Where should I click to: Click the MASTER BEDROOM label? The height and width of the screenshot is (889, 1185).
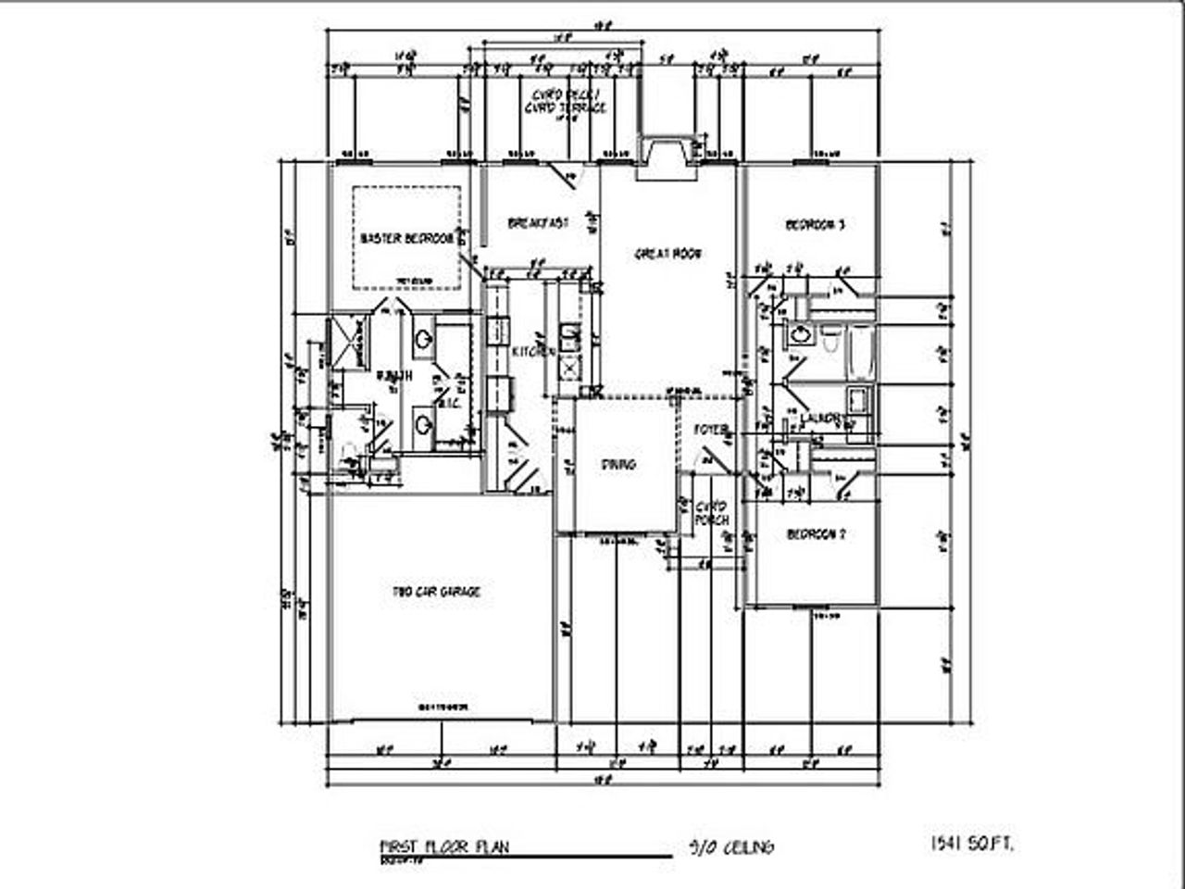pyautogui.click(x=406, y=239)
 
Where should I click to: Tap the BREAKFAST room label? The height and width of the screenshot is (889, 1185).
pyautogui.click(x=538, y=223)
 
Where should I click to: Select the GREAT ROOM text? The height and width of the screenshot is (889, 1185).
pyautogui.click(x=667, y=253)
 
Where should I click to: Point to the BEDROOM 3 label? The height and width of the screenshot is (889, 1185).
pyautogui.click(x=815, y=225)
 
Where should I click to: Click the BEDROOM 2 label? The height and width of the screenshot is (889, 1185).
pyautogui.click(x=816, y=535)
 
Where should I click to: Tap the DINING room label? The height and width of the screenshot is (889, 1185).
pyautogui.click(x=618, y=464)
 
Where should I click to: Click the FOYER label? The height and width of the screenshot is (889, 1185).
pyautogui.click(x=711, y=430)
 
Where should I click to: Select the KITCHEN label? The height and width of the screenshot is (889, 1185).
pyautogui.click(x=533, y=352)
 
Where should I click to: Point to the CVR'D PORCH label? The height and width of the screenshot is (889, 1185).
pyautogui.click(x=712, y=513)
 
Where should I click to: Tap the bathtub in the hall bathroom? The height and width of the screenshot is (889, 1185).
pyautogui.click(x=861, y=352)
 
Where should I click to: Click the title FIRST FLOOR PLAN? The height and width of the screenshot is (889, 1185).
pyautogui.click(x=443, y=846)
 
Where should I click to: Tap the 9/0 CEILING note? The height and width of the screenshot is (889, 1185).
pyautogui.click(x=731, y=846)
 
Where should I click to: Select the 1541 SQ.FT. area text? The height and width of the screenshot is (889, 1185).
pyautogui.click(x=972, y=844)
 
